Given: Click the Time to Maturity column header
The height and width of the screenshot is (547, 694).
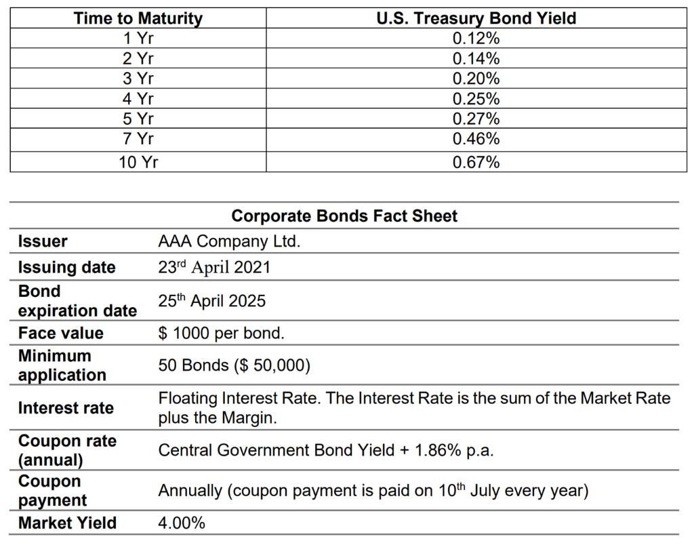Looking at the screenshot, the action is pyautogui.click(x=138, y=18).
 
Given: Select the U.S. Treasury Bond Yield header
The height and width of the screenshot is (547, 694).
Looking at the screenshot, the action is pyautogui.click(x=476, y=18).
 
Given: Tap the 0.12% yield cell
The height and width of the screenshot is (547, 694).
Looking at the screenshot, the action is pyautogui.click(x=476, y=38).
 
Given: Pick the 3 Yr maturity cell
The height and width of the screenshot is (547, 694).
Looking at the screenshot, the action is pyautogui.click(x=138, y=79).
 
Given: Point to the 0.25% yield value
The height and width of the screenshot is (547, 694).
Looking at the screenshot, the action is pyautogui.click(x=476, y=99).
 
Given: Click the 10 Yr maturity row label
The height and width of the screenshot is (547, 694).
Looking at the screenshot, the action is pyautogui.click(x=138, y=162).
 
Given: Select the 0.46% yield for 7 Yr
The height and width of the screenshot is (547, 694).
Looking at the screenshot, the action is pyautogui.click(x=476, y=140).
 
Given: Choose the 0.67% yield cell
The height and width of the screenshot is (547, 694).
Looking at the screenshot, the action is pyautogui.click(x=476, y=162).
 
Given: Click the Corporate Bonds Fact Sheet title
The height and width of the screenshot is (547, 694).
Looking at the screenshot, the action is pyautogui.click(x=344, y=216).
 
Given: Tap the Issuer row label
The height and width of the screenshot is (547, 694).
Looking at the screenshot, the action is pyautogui.click(x=43, y=241).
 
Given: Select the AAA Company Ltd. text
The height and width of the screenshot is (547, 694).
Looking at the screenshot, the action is pyautogui.click(x=229, y=241).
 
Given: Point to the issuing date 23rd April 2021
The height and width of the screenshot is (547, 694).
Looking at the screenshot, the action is pyautogui.click(x=214, y=267).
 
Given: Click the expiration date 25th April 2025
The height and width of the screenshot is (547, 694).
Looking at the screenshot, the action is pyautogui.click(x=212, y=301).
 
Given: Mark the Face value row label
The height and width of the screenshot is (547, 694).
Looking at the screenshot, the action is pyautogui.click(x=61, y=333).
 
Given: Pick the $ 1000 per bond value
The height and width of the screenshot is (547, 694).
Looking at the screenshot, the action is pyautogui.click(x=222, y=333).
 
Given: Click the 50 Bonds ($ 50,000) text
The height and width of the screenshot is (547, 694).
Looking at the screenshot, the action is pyautogui.click(x=234, y=365).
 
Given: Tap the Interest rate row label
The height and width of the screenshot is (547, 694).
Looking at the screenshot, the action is pyautogui.click(x=66, y=408).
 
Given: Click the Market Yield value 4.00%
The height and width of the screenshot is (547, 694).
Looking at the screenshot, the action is pyautogui.click(x=182, y=523).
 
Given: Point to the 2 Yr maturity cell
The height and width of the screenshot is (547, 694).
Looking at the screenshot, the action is pyautogui.click(x=138, y=58).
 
